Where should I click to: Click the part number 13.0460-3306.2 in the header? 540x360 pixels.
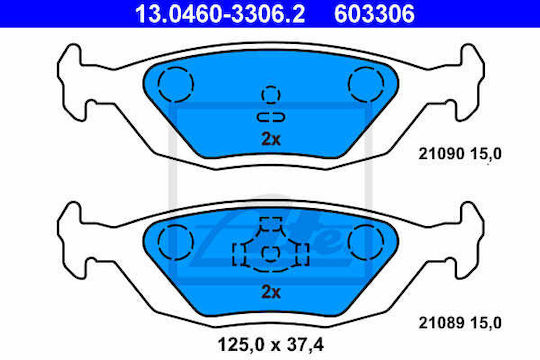click(x=220, y=14)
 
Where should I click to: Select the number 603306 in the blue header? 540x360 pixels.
click(x=374, y=14)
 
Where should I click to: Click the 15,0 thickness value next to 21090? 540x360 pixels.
click(x=486, y=154)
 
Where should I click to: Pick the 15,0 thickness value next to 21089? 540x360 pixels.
click(x=486, y=323)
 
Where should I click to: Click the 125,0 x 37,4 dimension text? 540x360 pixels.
click(x=271, y=344)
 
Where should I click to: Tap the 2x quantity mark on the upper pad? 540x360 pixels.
click(x=271, y=139)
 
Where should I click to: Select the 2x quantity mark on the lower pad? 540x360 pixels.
click(x=271, y=292)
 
